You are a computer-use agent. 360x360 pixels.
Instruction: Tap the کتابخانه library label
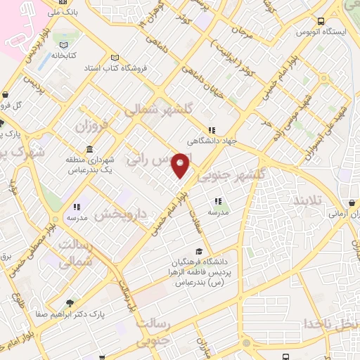point(63,55)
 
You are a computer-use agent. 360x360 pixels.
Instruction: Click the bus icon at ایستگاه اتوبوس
point(321,22)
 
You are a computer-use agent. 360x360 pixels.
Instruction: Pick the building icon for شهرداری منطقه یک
point(89,150)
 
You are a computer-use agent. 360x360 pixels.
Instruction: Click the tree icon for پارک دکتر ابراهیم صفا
point(69,303)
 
